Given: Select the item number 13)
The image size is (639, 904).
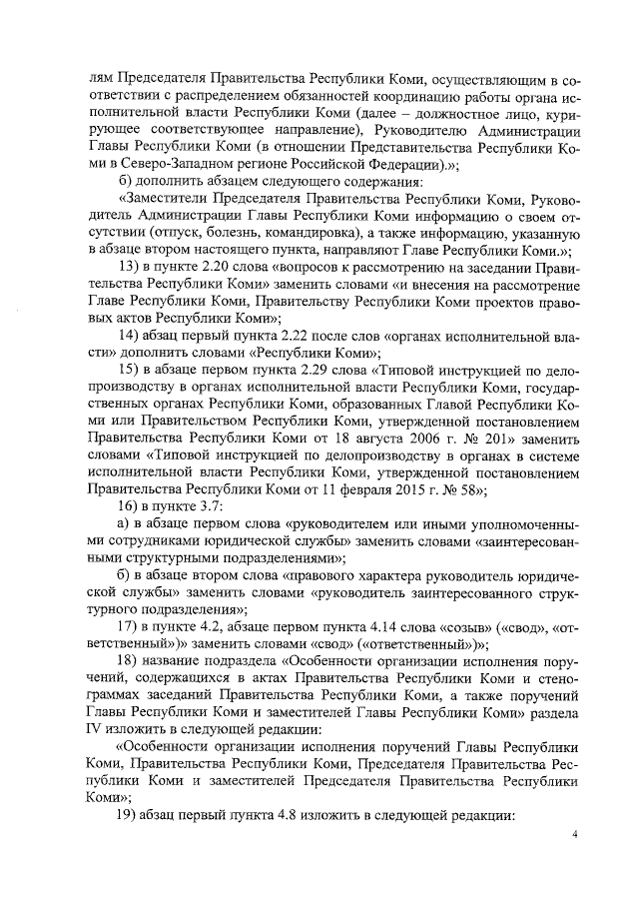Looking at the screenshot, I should coord(129,266).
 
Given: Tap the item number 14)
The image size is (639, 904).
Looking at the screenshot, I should coord(129,334).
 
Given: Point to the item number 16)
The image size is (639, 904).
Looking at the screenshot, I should coord(129,506).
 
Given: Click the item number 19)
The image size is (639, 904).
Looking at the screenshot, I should coord(129,814).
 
